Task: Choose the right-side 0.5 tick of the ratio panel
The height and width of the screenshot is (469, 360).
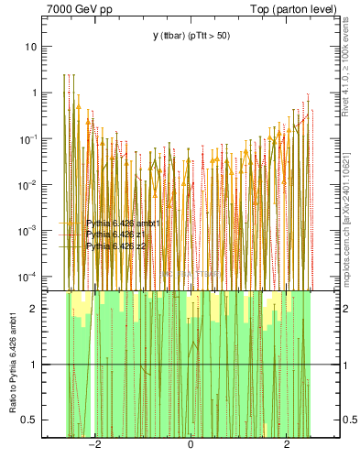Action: click(x=349, y=420)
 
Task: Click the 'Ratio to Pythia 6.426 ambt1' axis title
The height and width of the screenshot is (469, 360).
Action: click(x=14, y=363)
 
